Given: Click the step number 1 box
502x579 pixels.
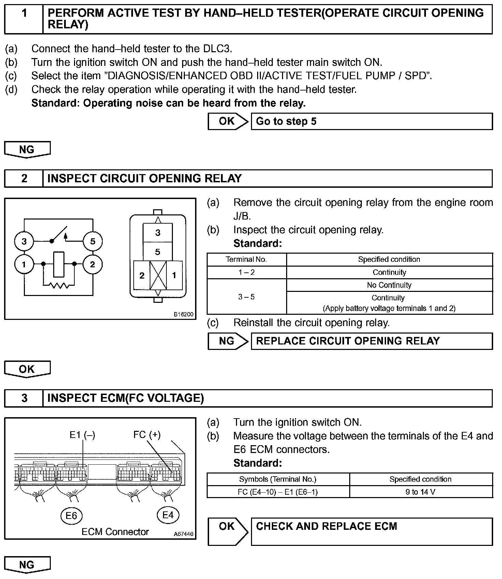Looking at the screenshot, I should (24, 19).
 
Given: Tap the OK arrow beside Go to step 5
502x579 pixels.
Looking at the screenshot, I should (227, 121).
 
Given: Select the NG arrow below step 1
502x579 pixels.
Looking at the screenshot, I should (27, 150).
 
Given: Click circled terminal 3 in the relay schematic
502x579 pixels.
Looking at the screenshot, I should (24, 241).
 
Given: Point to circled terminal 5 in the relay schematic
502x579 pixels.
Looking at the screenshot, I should (93, 241).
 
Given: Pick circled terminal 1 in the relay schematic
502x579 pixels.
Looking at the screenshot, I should (24, 264).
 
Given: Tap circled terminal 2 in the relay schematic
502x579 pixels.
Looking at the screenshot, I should (92, 264).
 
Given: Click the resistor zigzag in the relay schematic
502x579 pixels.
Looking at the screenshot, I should (59, 285).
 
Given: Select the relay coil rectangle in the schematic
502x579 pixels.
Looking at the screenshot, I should (59, 264).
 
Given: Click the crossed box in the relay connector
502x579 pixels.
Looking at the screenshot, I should (158, 275).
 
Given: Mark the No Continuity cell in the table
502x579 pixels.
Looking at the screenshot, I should (389, 285).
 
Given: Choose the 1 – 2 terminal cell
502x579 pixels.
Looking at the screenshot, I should (247, 272).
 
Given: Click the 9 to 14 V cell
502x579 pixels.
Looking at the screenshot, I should (420, 492).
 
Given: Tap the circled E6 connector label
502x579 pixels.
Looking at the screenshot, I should (71, 515).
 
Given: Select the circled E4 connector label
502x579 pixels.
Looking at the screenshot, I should (168, 515).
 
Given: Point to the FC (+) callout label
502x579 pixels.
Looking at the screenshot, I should (147, 435).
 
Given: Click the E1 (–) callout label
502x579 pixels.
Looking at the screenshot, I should (82, 435).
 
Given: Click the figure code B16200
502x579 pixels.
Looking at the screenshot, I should (183, 314).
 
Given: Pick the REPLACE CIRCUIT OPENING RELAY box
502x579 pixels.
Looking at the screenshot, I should (371, 341).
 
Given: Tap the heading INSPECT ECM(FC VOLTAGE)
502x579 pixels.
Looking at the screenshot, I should (125, 398).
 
